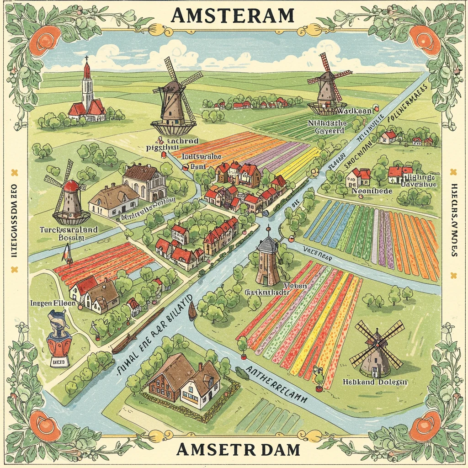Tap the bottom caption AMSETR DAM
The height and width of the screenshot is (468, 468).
[238, 450]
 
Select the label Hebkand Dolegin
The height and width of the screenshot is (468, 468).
[374, 382]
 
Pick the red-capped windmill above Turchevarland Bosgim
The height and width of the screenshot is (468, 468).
[71, 194]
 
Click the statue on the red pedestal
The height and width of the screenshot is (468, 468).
[58, 336]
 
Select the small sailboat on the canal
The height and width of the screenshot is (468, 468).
[192, 310]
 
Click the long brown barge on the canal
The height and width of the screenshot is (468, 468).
[137, 331]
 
